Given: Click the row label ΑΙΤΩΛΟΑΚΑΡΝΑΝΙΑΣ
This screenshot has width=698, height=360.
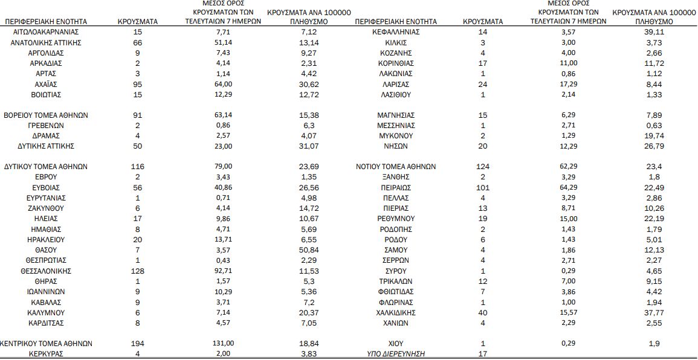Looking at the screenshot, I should [46, 31].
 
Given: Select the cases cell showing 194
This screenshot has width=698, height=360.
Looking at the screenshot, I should [137, 343].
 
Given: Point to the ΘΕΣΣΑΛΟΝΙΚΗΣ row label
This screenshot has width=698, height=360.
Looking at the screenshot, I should [46, 271].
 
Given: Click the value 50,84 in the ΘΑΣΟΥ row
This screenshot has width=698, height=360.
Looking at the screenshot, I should [309, 250].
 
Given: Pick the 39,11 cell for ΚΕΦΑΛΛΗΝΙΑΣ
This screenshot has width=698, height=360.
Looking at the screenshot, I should [654, 31].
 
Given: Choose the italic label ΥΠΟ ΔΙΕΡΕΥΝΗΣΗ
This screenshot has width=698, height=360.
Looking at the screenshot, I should [396, 354].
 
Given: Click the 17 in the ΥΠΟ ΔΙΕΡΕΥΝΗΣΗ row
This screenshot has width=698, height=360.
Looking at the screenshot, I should [483, 354].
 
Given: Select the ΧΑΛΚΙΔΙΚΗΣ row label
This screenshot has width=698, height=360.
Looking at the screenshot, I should [396, 313].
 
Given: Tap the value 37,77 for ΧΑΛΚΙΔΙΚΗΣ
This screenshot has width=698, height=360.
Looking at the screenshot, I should [654, 313].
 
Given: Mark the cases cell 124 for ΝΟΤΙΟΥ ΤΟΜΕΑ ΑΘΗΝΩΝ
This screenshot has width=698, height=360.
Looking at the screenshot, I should [483, 167].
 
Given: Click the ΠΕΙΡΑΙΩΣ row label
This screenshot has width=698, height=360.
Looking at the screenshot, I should [396, 188].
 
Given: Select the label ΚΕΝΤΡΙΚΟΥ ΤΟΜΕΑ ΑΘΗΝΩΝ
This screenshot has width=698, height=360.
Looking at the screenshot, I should [46, 343].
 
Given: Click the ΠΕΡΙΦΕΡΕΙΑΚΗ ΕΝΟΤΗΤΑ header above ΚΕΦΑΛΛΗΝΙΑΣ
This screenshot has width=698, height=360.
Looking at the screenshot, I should [396, 22].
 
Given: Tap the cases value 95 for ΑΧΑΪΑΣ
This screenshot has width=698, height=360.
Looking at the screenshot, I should [137, 84].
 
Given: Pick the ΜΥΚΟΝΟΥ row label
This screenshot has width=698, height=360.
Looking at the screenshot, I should [396, 136].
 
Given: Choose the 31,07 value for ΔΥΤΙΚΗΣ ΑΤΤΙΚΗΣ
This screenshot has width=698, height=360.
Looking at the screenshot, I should [309, 146].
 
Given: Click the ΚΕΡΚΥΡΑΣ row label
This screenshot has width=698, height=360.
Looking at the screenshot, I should [46, 354].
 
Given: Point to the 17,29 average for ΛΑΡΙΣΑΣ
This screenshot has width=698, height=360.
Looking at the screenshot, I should [569, 84].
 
